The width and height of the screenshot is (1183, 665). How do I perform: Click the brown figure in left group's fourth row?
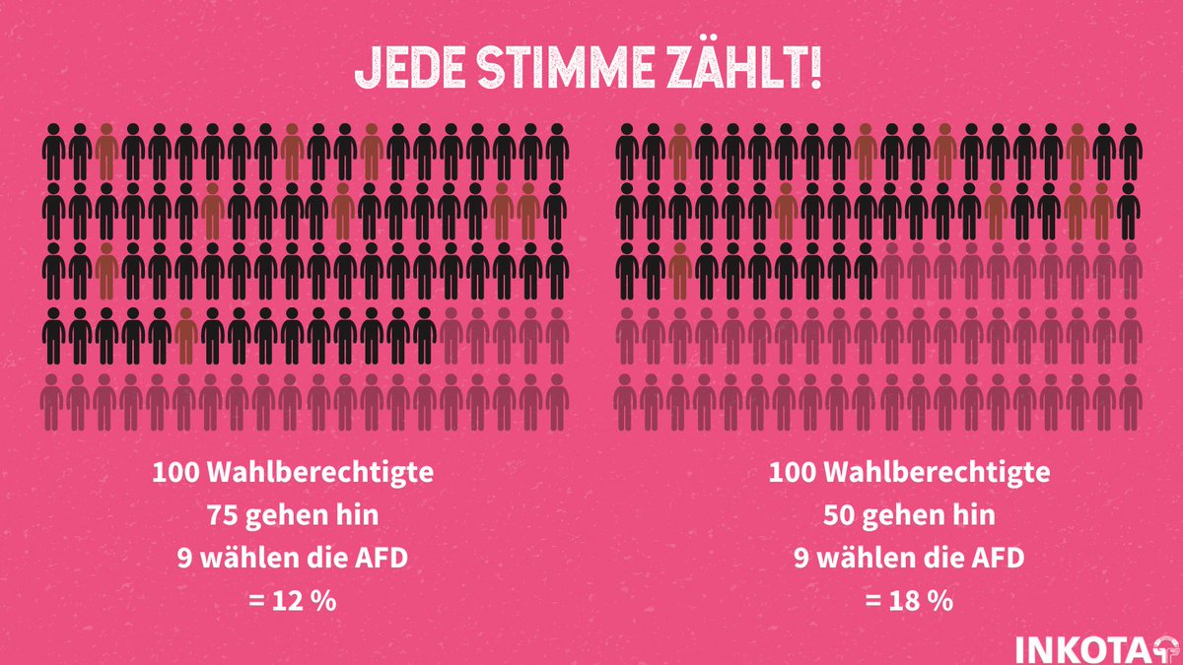(x=186, y=335)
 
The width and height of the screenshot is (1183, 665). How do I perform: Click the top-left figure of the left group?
(x=54, y=153)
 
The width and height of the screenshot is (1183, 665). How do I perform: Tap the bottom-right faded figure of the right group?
(x=1130, y=404)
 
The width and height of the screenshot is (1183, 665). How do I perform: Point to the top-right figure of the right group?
(x=1130, y=153)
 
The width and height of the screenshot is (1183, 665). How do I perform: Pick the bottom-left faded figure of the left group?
(x=54, y=404)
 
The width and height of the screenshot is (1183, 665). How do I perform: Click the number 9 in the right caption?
(x=801, y=558)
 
